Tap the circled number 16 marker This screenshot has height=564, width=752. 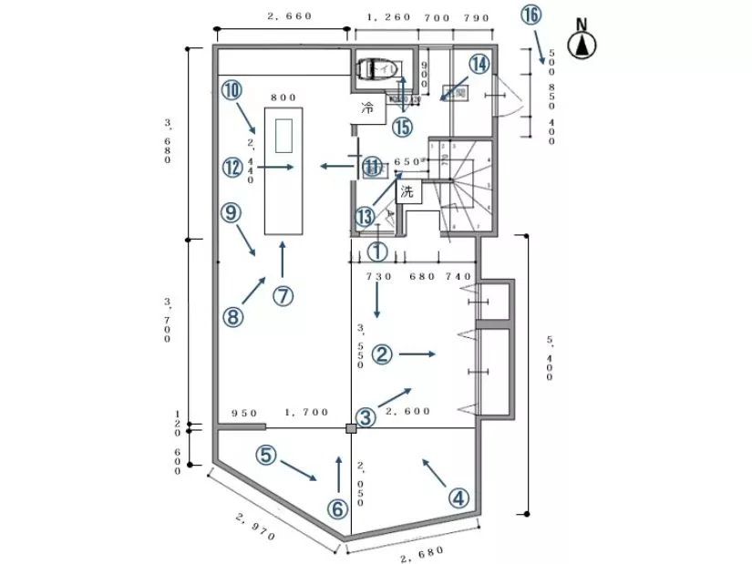(x=531, y=15)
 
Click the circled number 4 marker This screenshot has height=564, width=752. (x=458, y=498)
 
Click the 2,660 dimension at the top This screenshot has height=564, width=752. (x=291, y=15)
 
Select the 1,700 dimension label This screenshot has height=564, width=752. (x=306, y=412)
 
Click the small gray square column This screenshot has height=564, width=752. (x=351, y=427)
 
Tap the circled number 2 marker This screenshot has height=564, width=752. (x=384, y=354)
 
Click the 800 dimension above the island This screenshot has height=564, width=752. (x=283, y=97)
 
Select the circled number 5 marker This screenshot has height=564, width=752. (x=265, y=455)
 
